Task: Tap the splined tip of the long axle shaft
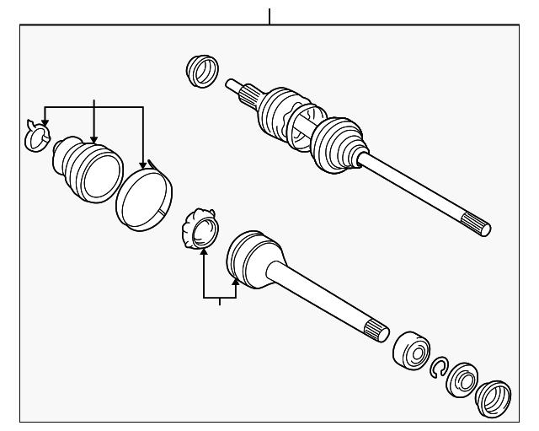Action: tap(478, 226)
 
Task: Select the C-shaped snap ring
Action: tap(438, 365)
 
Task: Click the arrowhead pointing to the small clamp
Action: tap(45, 125)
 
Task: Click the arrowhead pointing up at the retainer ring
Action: tap(202, 252)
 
